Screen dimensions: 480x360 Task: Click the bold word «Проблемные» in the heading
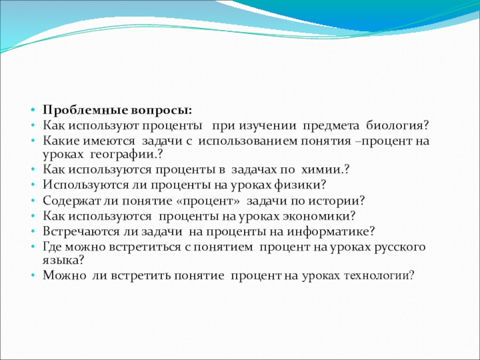(x=85, y=110)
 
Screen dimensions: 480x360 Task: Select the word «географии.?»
(x=127, y=155)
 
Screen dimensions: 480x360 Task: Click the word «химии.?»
(x=325, y=170)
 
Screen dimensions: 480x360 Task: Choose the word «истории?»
(x=337, y=201)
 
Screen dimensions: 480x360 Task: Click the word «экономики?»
(x=319, y=216)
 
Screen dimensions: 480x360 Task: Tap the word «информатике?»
(x=331, y=232)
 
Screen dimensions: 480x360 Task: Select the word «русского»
(x=400, y=247)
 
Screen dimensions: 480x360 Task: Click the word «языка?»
(x=63, y=260)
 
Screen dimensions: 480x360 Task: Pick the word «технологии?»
(x=379, y=275)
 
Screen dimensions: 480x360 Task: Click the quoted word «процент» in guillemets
(x=208, y=201)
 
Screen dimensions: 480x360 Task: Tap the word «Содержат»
(x=72, y=201)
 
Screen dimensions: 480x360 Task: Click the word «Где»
(x=52, y=247)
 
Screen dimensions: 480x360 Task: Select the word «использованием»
(x=248, y=141)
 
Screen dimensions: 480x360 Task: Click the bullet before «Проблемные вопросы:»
(x=33, y=110)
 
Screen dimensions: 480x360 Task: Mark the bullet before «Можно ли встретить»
(x=33, y=275)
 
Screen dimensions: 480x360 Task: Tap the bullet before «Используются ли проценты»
(x=33, y=185)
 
